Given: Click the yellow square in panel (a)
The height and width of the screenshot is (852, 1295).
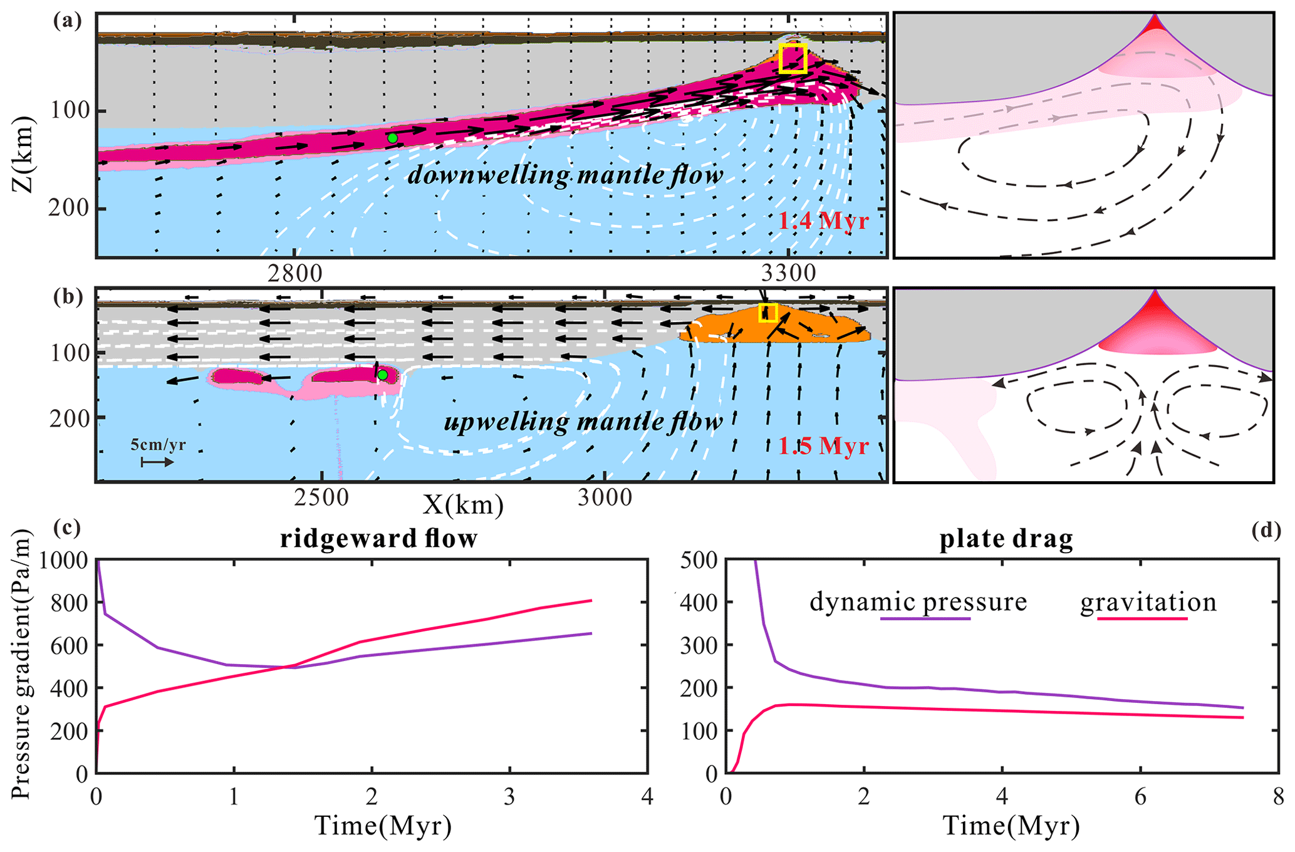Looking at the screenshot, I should (x=793, y=59).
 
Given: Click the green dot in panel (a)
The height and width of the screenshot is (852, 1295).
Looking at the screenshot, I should (x=392, y=138).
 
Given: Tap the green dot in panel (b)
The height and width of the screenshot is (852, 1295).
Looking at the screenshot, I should (x=382, y=375).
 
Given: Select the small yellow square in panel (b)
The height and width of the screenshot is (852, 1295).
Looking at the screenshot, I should (x=768, y=313).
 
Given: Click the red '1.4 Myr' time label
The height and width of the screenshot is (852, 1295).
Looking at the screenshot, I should (x=823, y=221).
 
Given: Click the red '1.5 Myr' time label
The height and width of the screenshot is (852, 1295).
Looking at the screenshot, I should (x=823, y=446).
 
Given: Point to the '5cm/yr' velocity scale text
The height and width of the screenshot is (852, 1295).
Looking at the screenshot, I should (x=158, y=445).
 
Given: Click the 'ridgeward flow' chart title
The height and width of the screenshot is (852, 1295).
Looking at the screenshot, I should (x=378, y=539).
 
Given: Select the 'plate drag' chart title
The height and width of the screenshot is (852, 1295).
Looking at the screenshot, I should (x=1006, y=539).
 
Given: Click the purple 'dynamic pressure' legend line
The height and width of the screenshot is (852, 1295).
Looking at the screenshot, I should (x=925, y=619).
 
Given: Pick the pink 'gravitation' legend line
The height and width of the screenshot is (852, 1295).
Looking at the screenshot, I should (x=1142, y=619).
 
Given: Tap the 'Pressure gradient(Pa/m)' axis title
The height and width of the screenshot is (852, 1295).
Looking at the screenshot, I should (x=21, y=665).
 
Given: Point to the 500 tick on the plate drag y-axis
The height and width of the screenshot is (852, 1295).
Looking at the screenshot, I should (x=701, y=559).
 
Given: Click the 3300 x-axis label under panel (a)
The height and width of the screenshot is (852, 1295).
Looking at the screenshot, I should (x=788, y=273).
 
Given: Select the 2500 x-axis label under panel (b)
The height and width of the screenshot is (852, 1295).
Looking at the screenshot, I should (x=321, y=497).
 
